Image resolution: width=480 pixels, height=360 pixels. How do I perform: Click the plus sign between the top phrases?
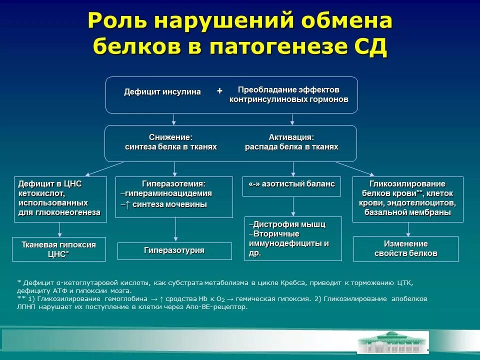click(x=219, y=91)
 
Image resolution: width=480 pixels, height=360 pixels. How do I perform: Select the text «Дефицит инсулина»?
click(x=162, y=92)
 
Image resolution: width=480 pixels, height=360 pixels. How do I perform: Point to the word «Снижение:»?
click(x=170, y=137)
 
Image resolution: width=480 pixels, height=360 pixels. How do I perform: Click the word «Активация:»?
click(x=291, y=137)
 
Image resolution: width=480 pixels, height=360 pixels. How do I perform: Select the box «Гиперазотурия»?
click(x=174, y=250)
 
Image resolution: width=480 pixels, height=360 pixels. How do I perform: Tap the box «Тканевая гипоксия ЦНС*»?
click(x=59, y=249)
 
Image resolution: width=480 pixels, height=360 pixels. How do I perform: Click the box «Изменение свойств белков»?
click(x=405, y=248)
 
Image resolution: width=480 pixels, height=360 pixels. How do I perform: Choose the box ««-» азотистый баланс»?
click(x=292, y=184)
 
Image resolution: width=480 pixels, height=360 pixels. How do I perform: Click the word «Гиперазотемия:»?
click(x=174, y=184)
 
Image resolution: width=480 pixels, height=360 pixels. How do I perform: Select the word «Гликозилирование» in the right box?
click(x=407, y=184)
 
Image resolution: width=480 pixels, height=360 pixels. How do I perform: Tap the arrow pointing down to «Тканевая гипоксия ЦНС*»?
click(x=60, y=229)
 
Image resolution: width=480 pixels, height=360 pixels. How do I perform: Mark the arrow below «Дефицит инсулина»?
click(x=174, y=119)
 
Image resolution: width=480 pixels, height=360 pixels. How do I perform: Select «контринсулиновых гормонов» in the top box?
click(x=288, y=99)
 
